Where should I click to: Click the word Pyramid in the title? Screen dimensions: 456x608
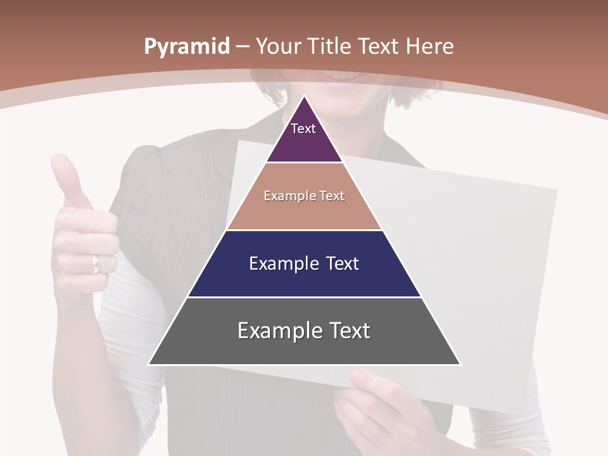point(187,47)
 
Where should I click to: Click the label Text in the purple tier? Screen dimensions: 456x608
point(303,129)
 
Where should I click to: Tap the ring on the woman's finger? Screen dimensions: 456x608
point(96,263)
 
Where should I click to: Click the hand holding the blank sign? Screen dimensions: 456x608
point(374,405)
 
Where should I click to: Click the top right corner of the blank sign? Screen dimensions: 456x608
point(556,189)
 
